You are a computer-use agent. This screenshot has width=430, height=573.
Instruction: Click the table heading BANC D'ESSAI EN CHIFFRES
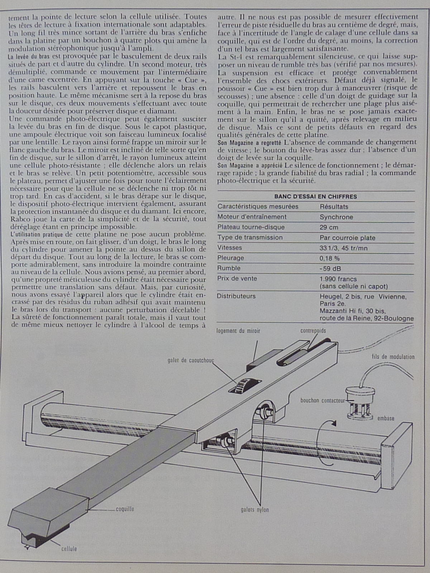[315, 196]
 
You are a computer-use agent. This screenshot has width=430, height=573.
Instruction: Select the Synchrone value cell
[336, 217]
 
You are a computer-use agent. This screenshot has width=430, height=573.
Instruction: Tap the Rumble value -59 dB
[330, 268]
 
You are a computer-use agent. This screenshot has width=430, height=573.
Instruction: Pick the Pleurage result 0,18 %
[329, 258]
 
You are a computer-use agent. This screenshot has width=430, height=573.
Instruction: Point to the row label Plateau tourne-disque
[251, 227]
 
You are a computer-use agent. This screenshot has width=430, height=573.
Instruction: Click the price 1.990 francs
[338, 279]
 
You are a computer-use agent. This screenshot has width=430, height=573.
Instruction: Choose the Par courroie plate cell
[347, 237]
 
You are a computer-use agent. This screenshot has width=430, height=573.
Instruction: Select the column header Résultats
[334, 207]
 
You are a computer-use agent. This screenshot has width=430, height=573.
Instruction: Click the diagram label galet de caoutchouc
[190, 360]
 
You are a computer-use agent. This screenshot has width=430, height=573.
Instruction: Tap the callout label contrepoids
[313, 331]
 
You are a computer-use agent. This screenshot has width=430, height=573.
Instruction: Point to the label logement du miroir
[238, 331]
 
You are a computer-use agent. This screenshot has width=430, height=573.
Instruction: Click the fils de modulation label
[393, 357]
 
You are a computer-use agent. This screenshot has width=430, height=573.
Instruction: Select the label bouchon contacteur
[322, 400]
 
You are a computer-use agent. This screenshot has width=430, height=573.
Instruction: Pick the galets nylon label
[254, 510]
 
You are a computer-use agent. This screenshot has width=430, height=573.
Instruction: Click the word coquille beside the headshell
[125, 509]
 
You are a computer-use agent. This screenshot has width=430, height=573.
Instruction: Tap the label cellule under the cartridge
[69, 549]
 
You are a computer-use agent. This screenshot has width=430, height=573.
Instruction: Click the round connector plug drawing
[360, 398]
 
